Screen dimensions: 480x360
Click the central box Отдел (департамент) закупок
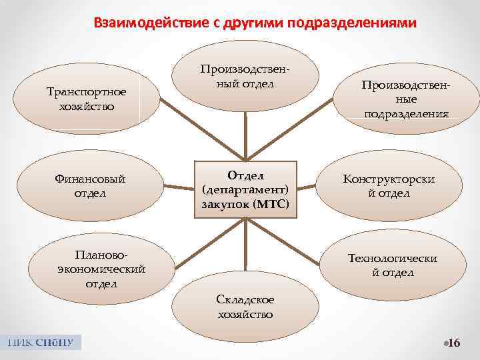245,189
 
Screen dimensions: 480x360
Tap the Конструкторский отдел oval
398,186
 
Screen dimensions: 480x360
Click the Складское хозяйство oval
245,307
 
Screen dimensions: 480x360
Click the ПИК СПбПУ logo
41,343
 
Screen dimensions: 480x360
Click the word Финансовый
91,179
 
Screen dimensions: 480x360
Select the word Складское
245,301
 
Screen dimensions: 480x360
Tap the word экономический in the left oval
101,269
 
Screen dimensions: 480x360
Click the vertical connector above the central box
246,136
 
